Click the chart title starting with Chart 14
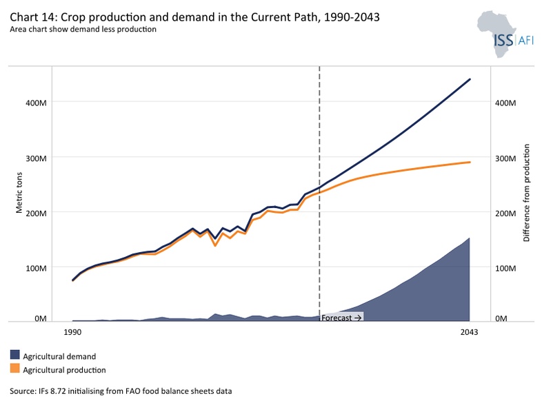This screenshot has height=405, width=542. coord(194,17)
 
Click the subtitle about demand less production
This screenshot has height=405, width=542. coord(83,29)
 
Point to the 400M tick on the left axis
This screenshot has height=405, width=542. coord(36,103)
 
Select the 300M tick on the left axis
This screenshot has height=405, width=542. coord(36,158)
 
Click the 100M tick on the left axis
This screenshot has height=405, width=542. coord(36,268)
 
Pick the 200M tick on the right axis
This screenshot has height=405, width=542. coord(505,214)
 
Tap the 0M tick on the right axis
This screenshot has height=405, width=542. coord(501,318)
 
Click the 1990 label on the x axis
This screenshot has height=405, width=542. coord(72,332)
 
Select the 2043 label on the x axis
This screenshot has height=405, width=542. coord(469,332)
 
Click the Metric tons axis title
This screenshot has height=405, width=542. coord(19,193)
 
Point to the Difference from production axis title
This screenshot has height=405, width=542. coord(526,193)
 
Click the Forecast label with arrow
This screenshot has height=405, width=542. coord(341,318)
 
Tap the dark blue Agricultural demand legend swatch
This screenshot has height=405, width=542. coord(15,355)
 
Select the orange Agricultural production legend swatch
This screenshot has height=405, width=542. coord(15,368)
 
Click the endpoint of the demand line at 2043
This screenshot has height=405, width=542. coord(470,79)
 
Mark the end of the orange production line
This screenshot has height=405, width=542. coord(470,162)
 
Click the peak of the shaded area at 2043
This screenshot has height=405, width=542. coord(469,238)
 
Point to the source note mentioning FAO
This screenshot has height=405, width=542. coord(121,391)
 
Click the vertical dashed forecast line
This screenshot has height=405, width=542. coord(319,194)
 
